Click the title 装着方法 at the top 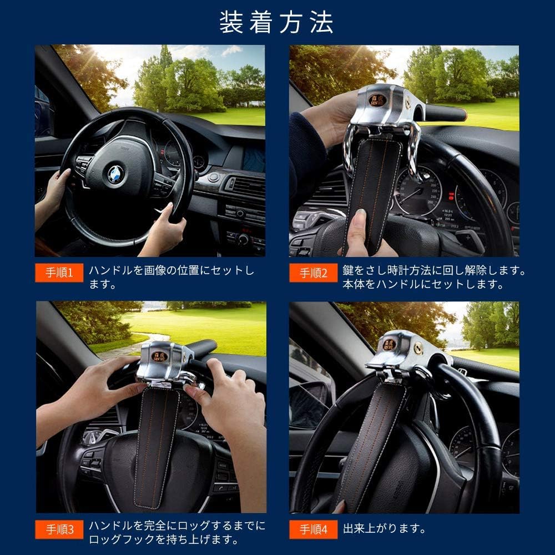point(277,22)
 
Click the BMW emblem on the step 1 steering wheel point(115,173)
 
